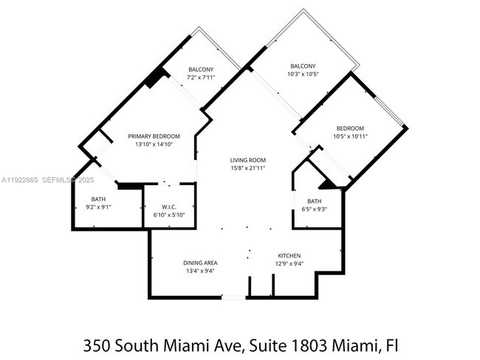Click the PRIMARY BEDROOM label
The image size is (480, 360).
[x=154, y=136]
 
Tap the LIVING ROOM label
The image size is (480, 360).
[x=248, y=160]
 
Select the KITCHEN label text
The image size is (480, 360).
[x=289, y=255]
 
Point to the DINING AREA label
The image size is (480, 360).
[x=200, y=263]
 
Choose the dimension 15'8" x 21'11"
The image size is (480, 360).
[x=248, y=168]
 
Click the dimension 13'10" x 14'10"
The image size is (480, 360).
[x=154, y=145]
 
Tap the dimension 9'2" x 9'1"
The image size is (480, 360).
[x=99, y=207]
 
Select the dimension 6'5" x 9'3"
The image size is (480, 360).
[x=315, y=210]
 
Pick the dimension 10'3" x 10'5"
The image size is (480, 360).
[x=304, y=74]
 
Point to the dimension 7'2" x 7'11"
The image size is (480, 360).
[x=201, y=77]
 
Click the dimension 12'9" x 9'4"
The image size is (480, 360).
[x=289, y=263]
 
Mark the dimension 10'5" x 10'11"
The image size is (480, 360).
[x=350, y=136]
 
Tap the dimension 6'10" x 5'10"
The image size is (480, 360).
[x=168, y=214]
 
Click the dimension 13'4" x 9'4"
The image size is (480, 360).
[x=200, y=271]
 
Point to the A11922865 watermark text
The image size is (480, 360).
[x=20, y=180]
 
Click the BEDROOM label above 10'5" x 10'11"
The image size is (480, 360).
[x=350, y=128]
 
